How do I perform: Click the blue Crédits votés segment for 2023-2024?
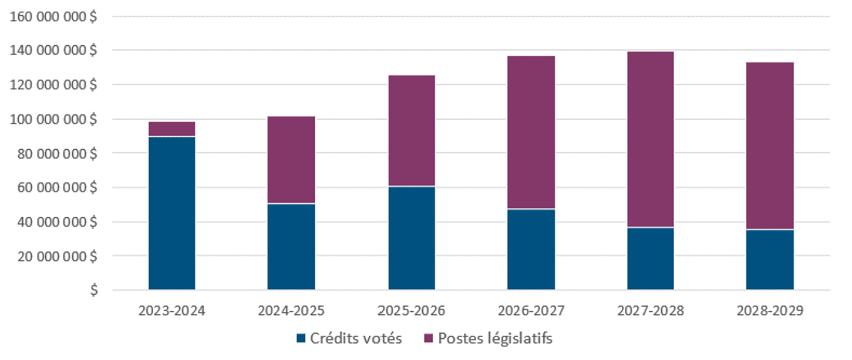171,213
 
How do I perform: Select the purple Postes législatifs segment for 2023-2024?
171,129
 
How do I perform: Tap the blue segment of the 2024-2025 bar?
291,247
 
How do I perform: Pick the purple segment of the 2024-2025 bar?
291,160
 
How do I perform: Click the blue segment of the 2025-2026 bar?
412,238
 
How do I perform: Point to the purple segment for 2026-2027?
531,132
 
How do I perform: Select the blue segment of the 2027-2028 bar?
651,258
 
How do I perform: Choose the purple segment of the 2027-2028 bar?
651,139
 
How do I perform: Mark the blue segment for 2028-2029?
770,260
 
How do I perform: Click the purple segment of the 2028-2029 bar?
770,146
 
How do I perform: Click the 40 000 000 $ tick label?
58,222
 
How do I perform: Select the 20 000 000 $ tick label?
58,256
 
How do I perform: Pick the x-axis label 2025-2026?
412,311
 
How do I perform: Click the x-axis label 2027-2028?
651,311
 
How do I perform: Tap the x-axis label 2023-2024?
171,311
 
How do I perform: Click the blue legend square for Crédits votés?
301,339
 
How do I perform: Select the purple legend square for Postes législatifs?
428,339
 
